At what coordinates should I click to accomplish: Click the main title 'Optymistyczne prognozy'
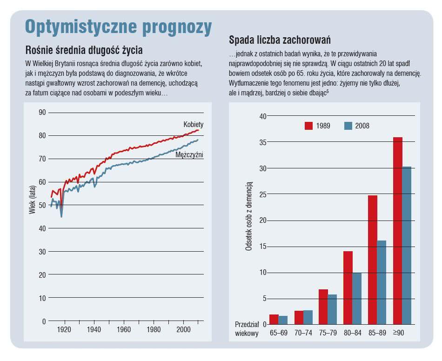(x=118, y=27)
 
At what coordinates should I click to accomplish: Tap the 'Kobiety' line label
(x=194, y=125)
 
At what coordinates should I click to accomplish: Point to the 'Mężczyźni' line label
(x=190, y=155)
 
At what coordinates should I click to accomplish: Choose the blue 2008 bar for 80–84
(x=357, y=298)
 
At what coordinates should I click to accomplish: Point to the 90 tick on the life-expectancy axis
(x=42, y=112)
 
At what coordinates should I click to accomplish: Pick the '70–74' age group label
(x=304, y=333)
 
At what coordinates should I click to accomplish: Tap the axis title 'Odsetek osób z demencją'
(x=248, y=216)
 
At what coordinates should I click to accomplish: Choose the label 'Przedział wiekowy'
(x=247, y=329)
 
